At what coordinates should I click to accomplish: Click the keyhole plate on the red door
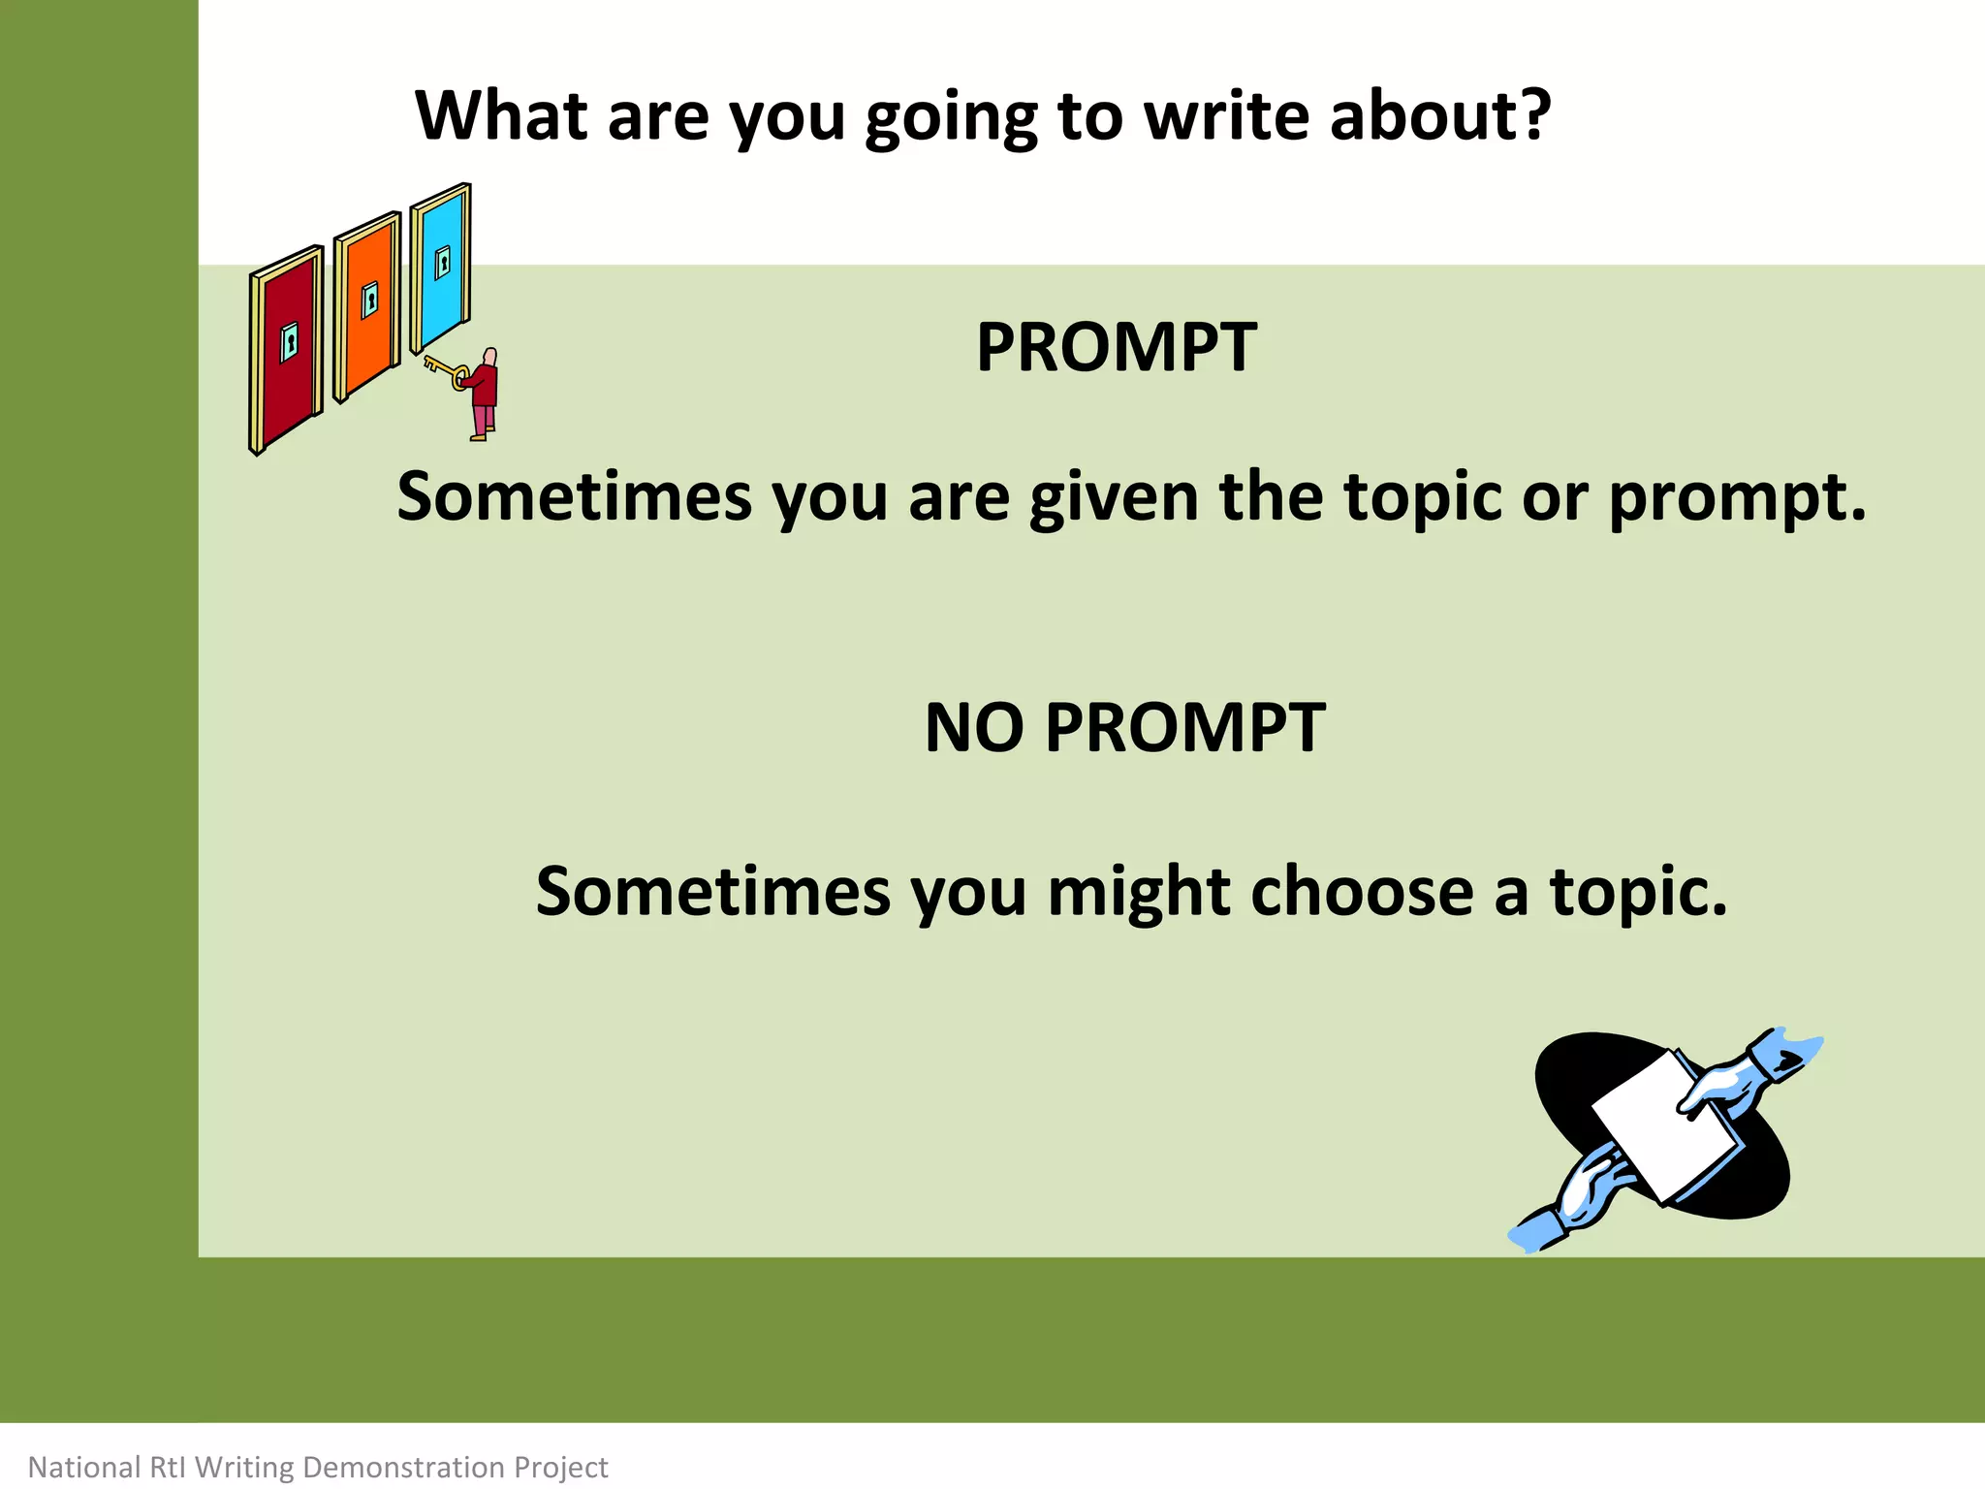tap(289, 342)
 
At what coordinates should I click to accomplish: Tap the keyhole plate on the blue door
tap(443, 262)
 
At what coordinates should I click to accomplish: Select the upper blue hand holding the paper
tap(1735, 1081)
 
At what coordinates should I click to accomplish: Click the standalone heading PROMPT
tap(1116, 347)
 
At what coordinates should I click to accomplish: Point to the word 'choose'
tap(1362, 892)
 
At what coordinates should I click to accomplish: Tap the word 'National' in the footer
tap(84, 1467)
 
